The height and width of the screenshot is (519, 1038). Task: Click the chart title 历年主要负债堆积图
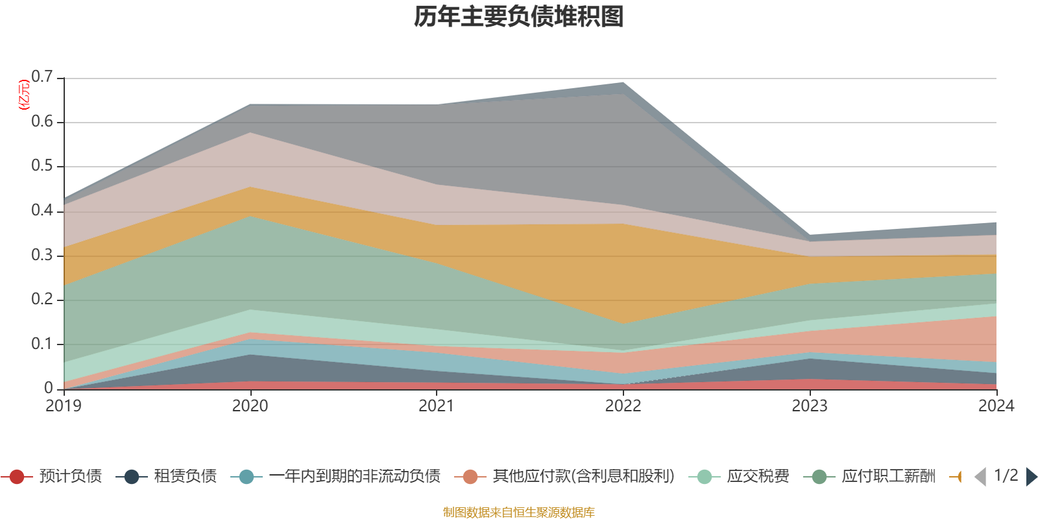[x=519, y=18]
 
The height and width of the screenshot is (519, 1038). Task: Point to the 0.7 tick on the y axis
[x=42, y=77]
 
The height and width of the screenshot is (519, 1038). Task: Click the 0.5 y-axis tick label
[x=42, y=166]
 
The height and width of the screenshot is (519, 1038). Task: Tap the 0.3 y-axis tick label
[x=42, y=255]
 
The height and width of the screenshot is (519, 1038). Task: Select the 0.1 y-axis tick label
[x=42, y=344]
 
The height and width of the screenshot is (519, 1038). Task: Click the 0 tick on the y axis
[x=49, y=388]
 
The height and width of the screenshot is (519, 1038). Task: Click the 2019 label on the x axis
[x=64, y=406]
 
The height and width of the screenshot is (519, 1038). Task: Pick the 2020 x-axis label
[x=250, y=406]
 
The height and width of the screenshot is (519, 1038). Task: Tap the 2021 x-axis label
[x=436, y=406]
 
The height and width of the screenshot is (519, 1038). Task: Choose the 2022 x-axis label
[x=623, y=406]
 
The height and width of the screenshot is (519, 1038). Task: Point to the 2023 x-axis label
[x=809, y=406]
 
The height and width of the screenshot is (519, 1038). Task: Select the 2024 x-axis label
[x=995, y=406]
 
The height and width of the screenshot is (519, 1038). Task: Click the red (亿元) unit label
[x=24, y=95]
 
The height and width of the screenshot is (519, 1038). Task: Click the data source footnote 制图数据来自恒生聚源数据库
[x=518, y=513]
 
